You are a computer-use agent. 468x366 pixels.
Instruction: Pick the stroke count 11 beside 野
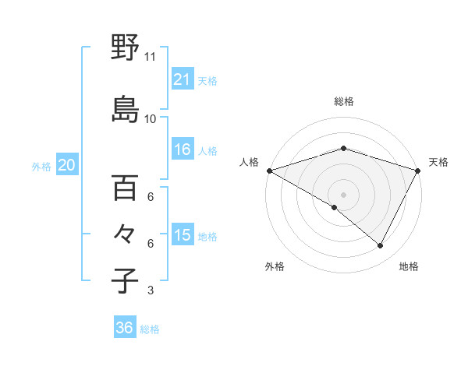click(151, 57)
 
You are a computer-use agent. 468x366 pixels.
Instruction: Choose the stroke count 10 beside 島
click(151, 119)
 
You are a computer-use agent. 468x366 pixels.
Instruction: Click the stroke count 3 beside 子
click(151, 290)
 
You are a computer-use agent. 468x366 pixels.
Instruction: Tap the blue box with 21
click(182, 79)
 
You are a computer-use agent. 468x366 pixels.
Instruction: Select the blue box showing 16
click(182, 150)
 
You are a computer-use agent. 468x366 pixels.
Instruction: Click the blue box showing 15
click(182, 235)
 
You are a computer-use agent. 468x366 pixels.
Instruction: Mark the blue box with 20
click(67, 165)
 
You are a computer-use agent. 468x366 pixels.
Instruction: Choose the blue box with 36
click(124, 328)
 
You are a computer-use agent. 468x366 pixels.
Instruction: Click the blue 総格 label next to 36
click(150, 329)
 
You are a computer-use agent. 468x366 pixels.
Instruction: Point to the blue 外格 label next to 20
click(41, 167)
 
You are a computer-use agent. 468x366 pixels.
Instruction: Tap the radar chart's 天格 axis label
click(438, 162)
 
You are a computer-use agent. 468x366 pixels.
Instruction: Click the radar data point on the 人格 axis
click(269, 171)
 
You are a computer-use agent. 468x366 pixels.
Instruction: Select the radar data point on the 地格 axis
click(381, 246)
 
